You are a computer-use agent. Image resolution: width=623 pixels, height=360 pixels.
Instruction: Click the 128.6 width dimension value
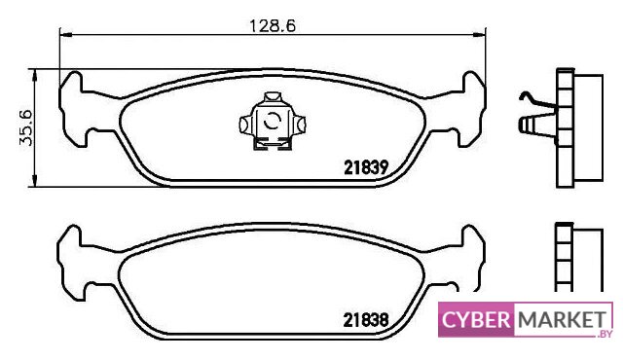pyautogui.click(x=273, y=26)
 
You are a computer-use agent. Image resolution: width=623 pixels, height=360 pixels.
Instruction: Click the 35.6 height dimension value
pyautogui.click(x=27, y=127)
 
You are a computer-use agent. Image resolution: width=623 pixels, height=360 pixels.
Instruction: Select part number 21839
pyautogui.click(x=366, y=167)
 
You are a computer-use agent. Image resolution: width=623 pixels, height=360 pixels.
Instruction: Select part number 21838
pyautogui.click(x=366, y=320)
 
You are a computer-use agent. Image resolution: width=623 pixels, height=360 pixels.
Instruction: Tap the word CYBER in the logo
pyautogui.click(x=476, y=319)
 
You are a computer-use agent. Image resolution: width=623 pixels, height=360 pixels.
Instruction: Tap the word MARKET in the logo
pyautogui.click(x=563, y=319)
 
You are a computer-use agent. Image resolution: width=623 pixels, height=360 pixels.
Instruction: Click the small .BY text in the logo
pyautogui.click(x=604, y=334)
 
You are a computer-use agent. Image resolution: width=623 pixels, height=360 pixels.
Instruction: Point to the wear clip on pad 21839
pyautogui.click(x=273, y=122)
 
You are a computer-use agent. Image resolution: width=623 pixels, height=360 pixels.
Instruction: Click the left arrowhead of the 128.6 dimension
pyautogui.click(x=65, y=35)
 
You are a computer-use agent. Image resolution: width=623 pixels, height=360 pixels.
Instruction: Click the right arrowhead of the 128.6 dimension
pyautogui.click(x=480, y=35)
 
